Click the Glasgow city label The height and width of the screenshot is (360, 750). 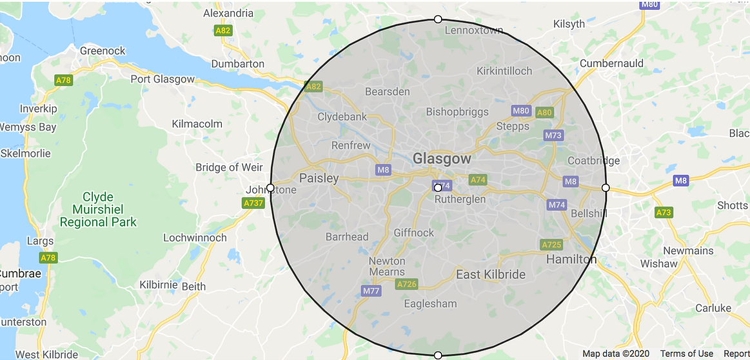442,159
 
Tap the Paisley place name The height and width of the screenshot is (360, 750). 319,178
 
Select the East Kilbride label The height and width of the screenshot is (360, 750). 490,274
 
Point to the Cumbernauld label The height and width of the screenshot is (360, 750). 611,63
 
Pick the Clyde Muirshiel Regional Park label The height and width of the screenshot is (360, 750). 98,209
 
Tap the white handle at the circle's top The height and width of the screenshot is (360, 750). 438,19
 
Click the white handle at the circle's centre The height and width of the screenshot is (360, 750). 438,188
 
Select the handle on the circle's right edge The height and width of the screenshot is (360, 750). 606,188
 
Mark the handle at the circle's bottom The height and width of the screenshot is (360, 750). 438,355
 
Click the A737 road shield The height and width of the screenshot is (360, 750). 253,203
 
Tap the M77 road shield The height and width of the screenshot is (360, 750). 371,291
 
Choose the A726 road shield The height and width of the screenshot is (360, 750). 407,284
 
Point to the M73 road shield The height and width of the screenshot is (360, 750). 553,135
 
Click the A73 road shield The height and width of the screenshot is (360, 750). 664,212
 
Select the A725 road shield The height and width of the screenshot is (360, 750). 551,245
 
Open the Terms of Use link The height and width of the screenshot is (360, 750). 687,354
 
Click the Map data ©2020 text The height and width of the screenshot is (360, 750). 616,354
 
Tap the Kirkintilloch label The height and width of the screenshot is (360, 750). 504,71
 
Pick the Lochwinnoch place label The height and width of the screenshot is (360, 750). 195,237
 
